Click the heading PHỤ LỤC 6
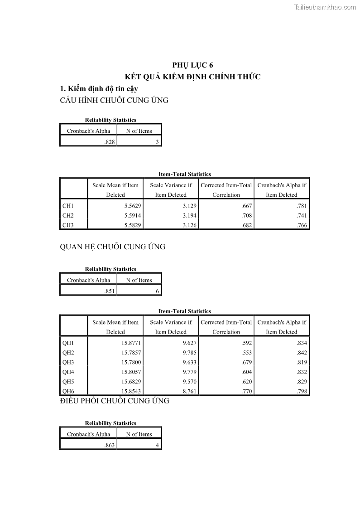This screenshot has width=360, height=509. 192,65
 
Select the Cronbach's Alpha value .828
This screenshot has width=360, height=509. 110,142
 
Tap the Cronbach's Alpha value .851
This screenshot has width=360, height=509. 110,291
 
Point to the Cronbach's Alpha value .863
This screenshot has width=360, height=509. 110,446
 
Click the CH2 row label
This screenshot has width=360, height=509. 68,216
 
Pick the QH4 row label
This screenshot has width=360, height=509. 68,372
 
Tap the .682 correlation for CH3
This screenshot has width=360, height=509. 247,225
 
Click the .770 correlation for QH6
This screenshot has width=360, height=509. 247,391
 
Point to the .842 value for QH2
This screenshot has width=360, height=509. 302,353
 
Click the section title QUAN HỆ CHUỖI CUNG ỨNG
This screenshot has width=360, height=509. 113,247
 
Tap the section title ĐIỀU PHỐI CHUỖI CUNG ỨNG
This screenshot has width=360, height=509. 115,401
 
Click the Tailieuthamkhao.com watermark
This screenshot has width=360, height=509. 325,7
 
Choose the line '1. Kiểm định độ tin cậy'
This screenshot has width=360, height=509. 99,89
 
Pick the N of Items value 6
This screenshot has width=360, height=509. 157,291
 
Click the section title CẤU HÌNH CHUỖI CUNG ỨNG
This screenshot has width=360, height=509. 114,101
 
